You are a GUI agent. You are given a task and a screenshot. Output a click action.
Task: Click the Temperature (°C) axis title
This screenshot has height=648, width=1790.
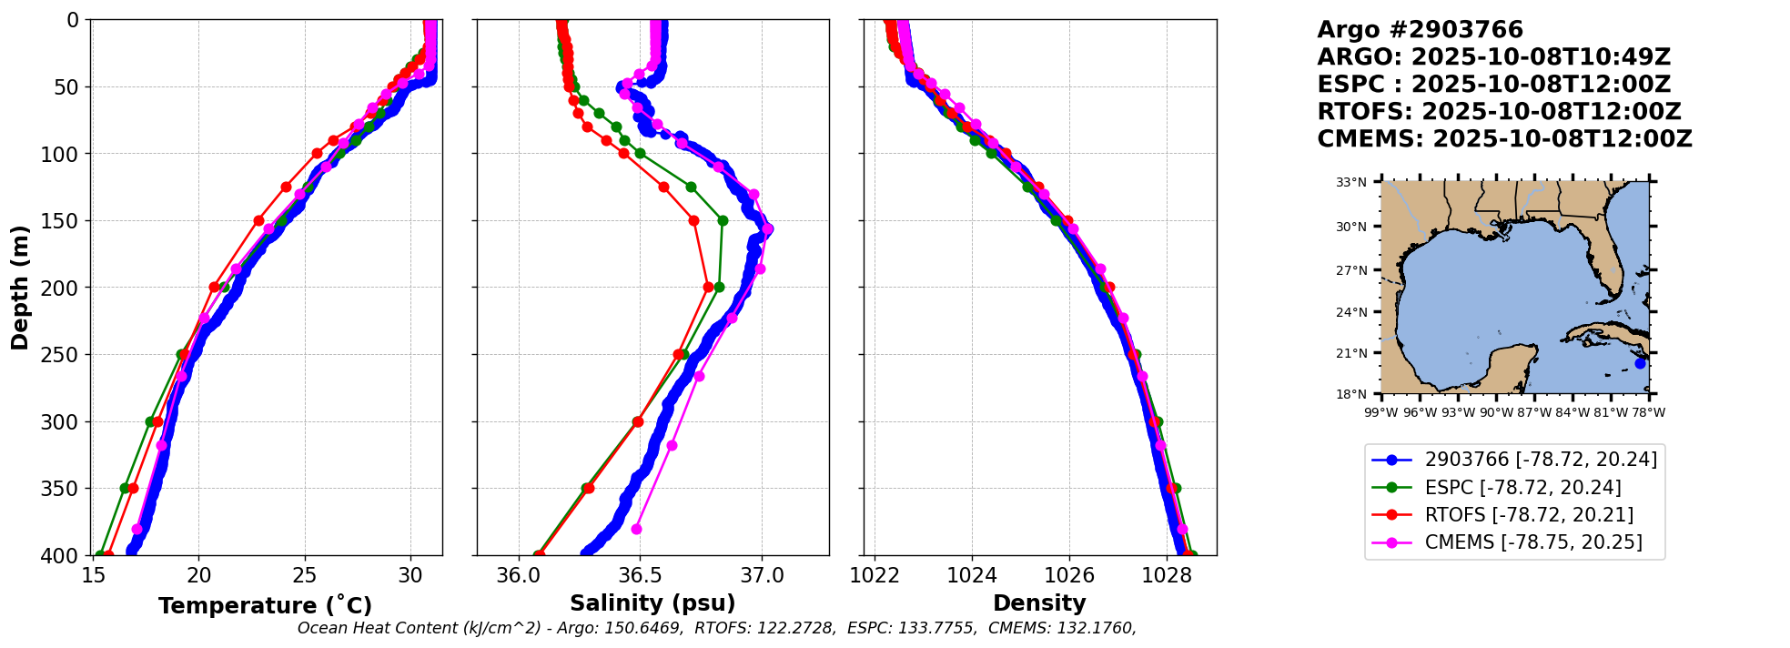(x=265, y=606)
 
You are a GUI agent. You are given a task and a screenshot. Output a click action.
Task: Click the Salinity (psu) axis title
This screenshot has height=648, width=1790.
(x=652, y=603)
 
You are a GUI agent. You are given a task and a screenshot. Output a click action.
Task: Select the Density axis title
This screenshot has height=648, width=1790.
(x=1039, y=603)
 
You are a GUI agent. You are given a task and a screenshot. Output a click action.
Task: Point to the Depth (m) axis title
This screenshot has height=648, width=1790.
(x=20, y=287)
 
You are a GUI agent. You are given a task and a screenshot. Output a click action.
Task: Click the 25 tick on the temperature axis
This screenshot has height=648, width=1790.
(x=305, y=575)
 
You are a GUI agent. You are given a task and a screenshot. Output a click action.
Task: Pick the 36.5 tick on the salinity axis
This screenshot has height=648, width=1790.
(x=639, y=575)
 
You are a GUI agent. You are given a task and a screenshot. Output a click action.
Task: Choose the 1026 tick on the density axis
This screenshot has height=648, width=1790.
(x=1069, y=575)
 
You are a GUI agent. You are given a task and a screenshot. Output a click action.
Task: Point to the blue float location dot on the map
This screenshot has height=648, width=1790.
(x=1640, y=363)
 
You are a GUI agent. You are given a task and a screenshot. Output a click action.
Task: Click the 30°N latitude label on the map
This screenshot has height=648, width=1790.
(x=1351, y=227)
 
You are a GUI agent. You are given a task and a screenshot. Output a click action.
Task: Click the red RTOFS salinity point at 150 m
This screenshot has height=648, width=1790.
(x=693, y=220)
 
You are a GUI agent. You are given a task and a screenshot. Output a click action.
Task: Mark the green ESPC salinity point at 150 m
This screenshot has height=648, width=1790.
(x=723, y=220)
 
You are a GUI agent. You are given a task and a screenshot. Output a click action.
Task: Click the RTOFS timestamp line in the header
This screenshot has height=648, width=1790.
(x=1499, y=112)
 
